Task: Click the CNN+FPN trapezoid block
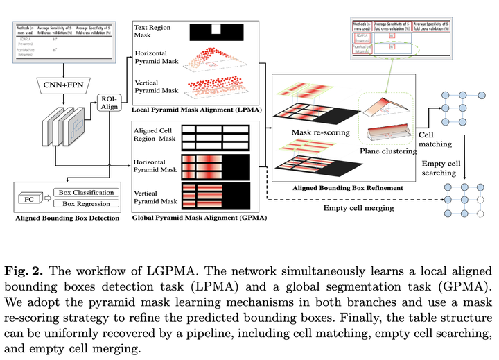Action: coord(63,85)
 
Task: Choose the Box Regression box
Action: coord(87,204)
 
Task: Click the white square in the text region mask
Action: coord(217,29)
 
